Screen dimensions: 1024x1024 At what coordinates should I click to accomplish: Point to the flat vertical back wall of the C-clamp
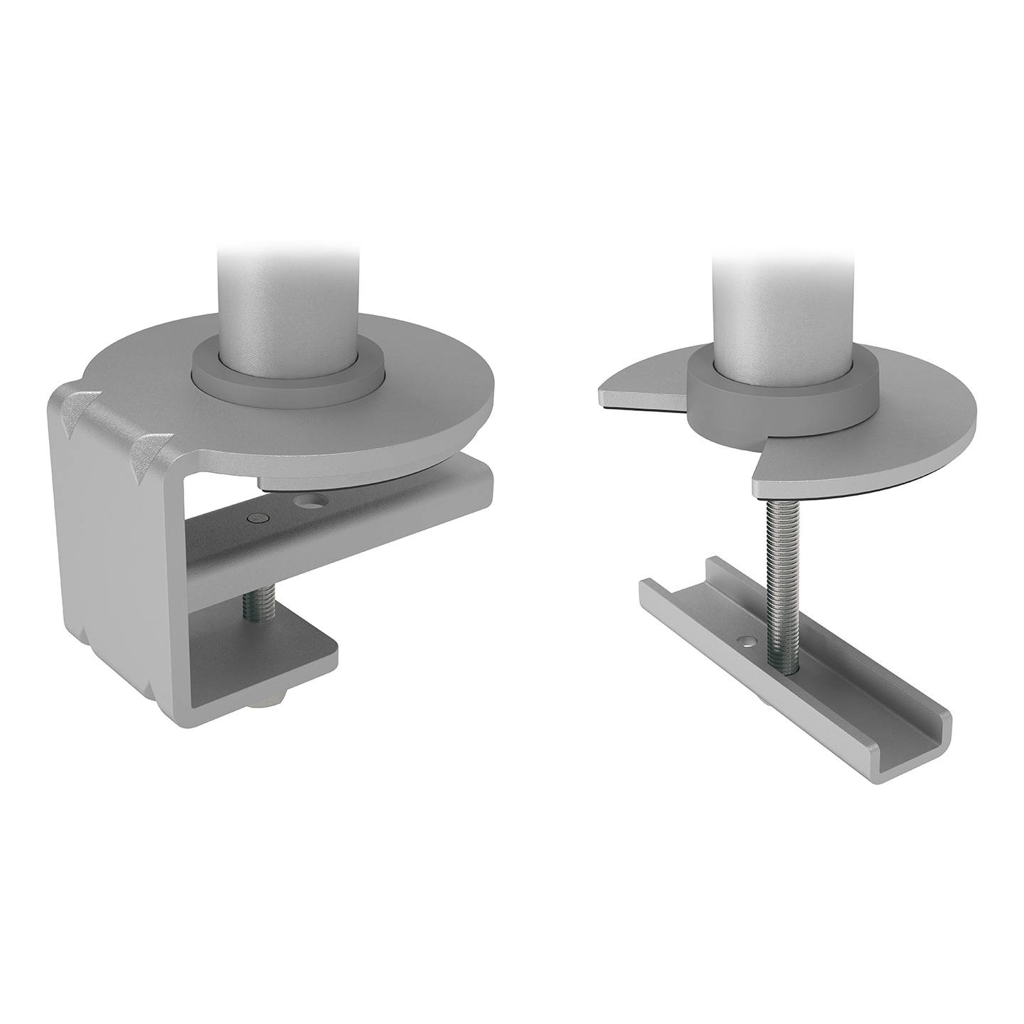tap(117, 555)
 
